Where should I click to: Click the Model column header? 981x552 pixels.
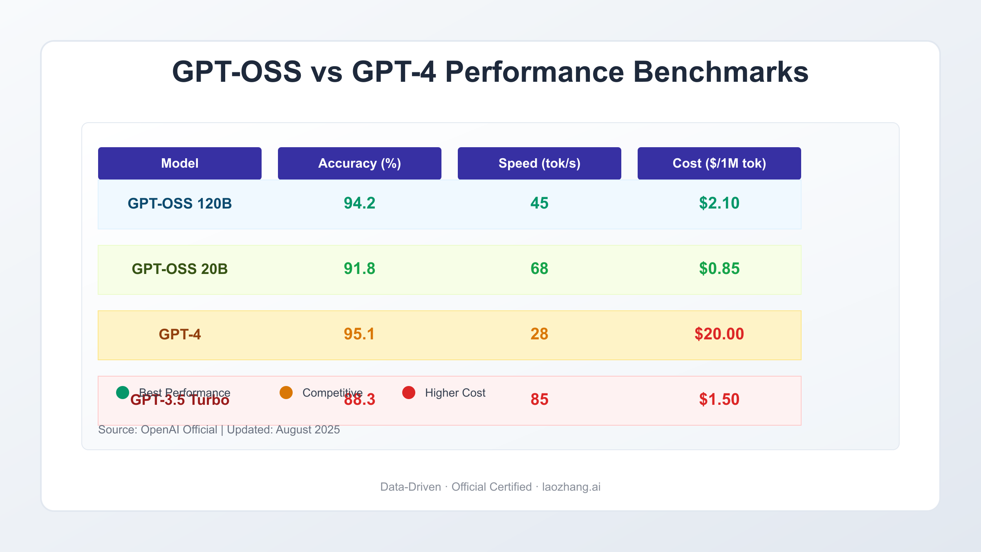(x=180, y=163)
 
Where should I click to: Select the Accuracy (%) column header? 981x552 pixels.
(x=359, y=163)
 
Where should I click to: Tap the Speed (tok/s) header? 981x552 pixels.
(x=539, y=163)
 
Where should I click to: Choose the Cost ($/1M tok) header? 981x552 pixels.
(x=719, y=163)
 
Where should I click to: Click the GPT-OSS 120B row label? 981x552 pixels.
(x=179, y=203)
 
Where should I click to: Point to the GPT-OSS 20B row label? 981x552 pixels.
(x=179, y=269)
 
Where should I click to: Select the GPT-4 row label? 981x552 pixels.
(x=179, y=334)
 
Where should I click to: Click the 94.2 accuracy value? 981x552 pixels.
(x=359, y=203)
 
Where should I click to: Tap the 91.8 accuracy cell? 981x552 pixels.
(x=359, y=269)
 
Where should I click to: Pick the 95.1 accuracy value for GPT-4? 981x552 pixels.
(x=359, y=334)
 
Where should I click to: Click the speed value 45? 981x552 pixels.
(x=539, y=203)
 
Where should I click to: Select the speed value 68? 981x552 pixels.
(x=539, y=269)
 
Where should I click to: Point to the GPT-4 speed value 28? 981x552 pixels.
(x=539, y=334)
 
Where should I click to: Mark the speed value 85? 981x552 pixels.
(x=539, y=399)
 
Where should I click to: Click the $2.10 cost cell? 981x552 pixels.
(x=719, y=203)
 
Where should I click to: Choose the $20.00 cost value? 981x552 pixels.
(x=719, y=334)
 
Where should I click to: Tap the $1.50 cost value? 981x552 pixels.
(x=719, y=399)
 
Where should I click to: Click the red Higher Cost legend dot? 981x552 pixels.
(x=409, y=393)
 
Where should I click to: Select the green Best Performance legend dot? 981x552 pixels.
(x=123, y=393)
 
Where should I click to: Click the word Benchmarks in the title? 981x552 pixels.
(x=721, y=72)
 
